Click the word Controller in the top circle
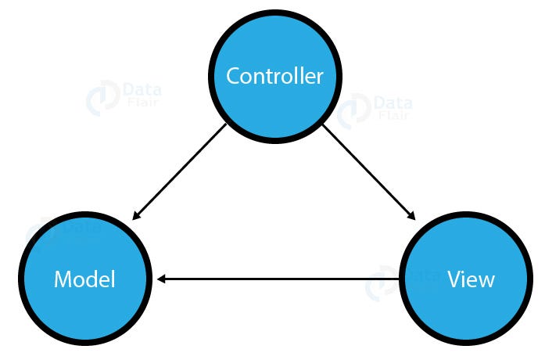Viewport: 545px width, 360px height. [274, 77]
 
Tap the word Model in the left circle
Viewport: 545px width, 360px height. [84, 279]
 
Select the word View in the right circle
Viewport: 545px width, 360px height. [471, 279]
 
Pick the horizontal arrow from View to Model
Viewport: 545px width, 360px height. [281, 279]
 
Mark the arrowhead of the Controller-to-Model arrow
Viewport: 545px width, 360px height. [136, 218]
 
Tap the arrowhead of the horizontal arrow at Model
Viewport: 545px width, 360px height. [161, 279]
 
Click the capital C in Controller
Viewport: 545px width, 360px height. [233, 77]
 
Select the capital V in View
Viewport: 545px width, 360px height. [454, 279]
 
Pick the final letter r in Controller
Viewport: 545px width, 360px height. [319, 77]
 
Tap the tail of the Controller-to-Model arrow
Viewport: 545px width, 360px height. [226, 126]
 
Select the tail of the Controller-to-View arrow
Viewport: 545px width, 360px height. [324, 126]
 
